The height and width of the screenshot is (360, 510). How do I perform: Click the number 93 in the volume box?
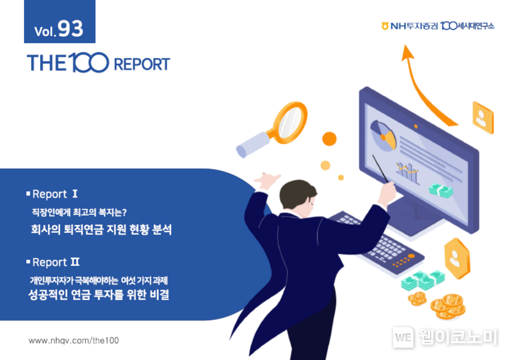coord(70,28)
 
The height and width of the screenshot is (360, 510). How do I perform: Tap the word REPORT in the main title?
coord(142,64)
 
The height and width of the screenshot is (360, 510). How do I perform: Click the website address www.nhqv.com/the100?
coord(74,340)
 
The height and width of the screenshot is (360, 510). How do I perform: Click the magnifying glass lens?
coord(290,123)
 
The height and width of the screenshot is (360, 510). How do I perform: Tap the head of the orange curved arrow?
coord(407,52)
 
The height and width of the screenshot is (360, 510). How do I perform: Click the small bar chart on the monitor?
coord(407,172)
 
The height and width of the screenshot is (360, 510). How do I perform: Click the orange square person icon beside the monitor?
coord(483,117)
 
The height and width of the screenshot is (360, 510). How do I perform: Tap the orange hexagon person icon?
coord(457,258)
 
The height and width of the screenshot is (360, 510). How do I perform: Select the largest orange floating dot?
coord(329,139)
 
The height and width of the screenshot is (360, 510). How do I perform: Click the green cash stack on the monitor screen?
coord(441,190)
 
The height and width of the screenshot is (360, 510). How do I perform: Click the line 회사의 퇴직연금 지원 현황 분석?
coord(101,230)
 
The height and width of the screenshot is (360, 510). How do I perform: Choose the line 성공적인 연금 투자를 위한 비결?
coord(99,295)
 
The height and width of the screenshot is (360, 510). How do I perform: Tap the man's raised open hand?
coord(267,180)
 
